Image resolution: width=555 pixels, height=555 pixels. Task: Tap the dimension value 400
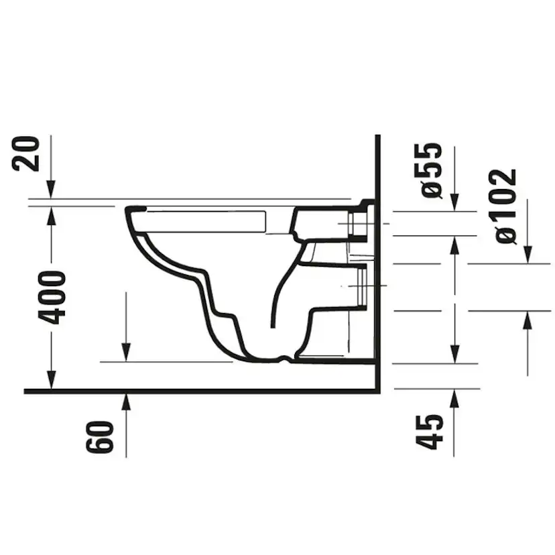[52, 298]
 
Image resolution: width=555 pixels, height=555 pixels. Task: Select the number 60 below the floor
[98, 437]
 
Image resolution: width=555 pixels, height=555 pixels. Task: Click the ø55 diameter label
[432, 170]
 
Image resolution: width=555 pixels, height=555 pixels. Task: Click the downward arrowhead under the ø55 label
[454, 202]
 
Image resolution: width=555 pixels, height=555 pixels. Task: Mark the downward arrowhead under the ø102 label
[528, 255]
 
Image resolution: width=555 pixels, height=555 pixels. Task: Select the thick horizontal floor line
[201, 391]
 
